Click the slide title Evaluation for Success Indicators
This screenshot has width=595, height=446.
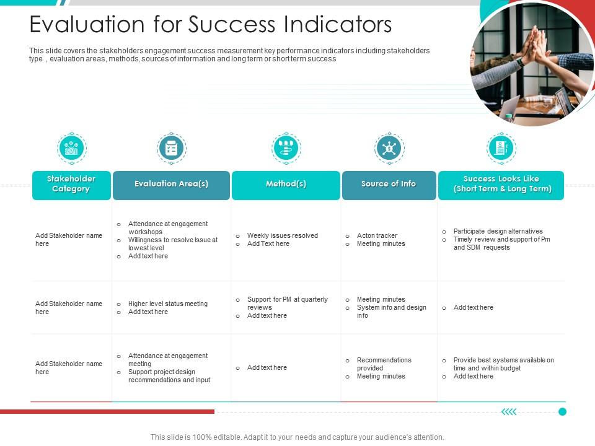(211, 25)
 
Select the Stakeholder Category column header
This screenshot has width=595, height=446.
(71, 185)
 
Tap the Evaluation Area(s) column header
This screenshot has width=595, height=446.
(171, 185)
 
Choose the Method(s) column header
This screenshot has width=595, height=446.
(286, 185)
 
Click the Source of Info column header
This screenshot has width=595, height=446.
(389, 185)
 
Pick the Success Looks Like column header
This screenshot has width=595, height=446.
(501, 185)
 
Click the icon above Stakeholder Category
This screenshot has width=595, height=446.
(72, 148)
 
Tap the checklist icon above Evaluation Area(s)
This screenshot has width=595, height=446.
(172, 148)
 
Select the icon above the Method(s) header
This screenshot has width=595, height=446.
(286, 148)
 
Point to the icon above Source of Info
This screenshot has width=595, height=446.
(389, 148)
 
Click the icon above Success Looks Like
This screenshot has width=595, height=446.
(501, 148)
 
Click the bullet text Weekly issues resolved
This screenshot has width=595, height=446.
(282, 235)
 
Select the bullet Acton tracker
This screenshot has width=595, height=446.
(377, 235)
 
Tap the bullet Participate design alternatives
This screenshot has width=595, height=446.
(498, 231)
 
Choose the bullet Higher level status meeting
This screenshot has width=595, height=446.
(167, 304)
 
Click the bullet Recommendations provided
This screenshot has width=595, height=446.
(384, 364)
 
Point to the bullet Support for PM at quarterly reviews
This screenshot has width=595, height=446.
(287, 303)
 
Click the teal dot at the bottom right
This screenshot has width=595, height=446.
(562, 411)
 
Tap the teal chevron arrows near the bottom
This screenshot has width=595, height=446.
(509, 411)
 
